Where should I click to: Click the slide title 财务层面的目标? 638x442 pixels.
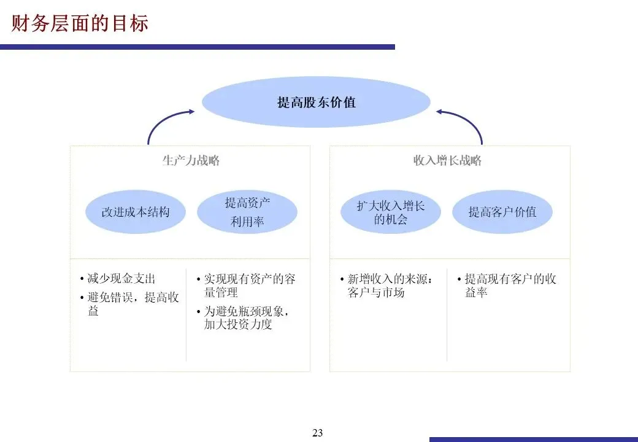coord(80,23)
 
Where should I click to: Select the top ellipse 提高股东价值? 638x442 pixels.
coord(316,102)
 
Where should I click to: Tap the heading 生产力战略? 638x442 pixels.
coord(190,161)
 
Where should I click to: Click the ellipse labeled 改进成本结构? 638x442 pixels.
coord(135,212)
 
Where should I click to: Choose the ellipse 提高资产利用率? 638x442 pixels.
coord(247,212)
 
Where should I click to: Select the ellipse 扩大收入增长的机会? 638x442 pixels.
coord(391,212)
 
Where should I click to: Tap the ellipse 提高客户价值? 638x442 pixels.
coord(502,212)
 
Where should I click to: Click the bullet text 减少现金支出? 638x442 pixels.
coord(121,279)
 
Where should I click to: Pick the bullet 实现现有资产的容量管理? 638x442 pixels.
coord(248,285)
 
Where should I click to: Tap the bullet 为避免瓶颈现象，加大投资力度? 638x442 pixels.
coord(245,318)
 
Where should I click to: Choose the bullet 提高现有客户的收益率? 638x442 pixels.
coord(509,285)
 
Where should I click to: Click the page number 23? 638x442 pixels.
coord(317,433)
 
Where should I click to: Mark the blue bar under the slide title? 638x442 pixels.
coord(196,47)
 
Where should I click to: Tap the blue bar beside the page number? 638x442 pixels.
coord(534,439)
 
